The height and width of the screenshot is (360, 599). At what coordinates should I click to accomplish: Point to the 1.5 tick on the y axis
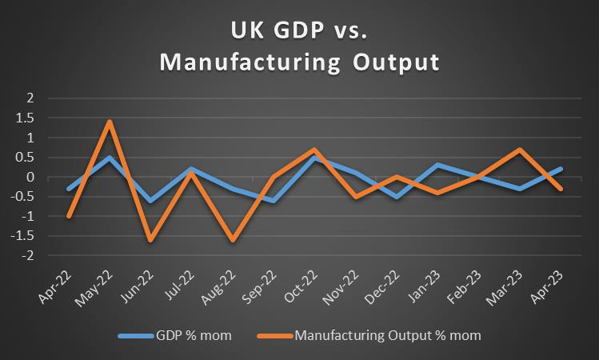tap(31, 118)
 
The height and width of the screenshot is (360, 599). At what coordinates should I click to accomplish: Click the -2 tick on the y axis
tap(32, 256)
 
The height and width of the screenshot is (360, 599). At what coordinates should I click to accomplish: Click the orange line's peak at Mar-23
tap(520, 150)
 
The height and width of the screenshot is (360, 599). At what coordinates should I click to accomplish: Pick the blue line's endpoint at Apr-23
tap(561, 169)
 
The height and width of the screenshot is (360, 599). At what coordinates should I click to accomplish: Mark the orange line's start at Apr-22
tap(70, 216)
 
